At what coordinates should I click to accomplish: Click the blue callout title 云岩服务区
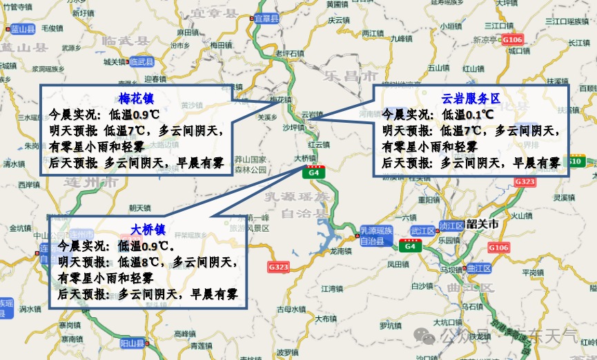pyautogui.click(x=470, y=99)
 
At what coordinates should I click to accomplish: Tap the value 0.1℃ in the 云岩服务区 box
pyautogui.click(x=479, y=114)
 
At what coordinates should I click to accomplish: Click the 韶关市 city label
pyautogui.click(x=482, y=224)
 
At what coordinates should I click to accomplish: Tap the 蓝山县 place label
pyautogui.click(x=22, y=29)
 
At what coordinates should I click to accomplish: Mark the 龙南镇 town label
pyautogui.click(x=341, y=251)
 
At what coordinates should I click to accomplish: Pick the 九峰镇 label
pyautogui.click(x=400, y=39)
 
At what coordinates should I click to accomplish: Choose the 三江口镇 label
pyautogui.click(x=498, y=26)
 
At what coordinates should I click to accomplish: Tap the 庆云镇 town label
pyautogui.click(x=335, y=21)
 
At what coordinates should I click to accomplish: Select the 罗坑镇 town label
pyautogui.click(x=391, y=325)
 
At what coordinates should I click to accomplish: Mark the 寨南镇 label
pyautogui.click(x=71, y=324)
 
